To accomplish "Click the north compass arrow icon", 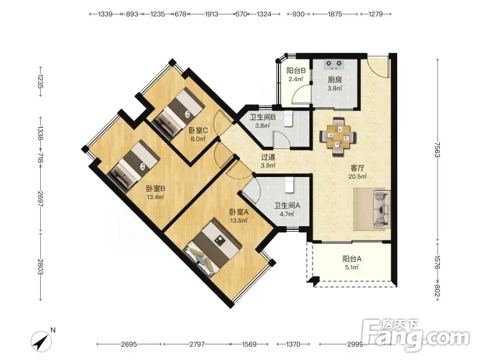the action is (41, 340).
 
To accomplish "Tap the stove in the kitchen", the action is (334, 64).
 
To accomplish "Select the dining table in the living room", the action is (338, 137).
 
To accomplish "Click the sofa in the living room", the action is (382, 209).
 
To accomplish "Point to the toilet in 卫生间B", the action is (289, 119).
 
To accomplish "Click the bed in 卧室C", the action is (178, 114).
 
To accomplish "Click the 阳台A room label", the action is (352, 259).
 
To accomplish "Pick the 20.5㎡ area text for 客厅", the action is (357, 176).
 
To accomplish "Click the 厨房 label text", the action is (335, 80).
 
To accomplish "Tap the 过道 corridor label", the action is (268, 157).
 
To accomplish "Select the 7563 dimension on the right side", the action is (438, 149).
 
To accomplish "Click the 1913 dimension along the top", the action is (211, 14).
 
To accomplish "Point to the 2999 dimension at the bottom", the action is (355, 344).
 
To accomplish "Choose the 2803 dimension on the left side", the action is (40, 266).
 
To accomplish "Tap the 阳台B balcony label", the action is (296, 71).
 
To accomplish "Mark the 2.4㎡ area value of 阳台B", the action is (296, 79).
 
